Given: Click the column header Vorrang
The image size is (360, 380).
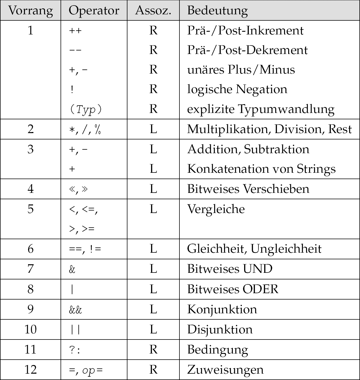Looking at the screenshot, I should click(x=31, y=10).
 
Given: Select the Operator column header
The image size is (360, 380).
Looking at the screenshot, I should click(x=94, y=10).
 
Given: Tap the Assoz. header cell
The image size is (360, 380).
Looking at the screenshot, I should click(x=153, y=10).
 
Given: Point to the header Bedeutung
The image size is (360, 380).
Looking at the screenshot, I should click(x=217, y=10).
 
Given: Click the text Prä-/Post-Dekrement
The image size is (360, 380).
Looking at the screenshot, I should click(x=247, y=50).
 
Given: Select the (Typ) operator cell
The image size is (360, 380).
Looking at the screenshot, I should click(x=85, y=109).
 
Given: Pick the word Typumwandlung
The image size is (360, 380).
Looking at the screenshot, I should click(x=286, y=109).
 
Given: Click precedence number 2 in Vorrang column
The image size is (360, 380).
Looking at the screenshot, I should click(x=31, y=129).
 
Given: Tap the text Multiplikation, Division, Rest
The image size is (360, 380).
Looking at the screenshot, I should click(x=269, y=129).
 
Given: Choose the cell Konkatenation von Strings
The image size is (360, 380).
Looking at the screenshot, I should click(x=261, y=169).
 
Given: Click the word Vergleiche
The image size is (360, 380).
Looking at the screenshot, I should click(x=216, y=209).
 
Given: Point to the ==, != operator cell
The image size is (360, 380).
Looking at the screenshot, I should click(x=85, y=249).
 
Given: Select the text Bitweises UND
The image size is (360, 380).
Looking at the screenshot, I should click(x=230, y=269).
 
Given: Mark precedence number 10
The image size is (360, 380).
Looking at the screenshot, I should click(x=31, y=329).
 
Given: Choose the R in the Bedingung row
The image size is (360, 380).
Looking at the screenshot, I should click(x=153, y=349).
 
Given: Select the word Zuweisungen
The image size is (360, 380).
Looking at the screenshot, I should click(x=225, y=370).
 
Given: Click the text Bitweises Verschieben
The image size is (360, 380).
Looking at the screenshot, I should click(x=248, y=189).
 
